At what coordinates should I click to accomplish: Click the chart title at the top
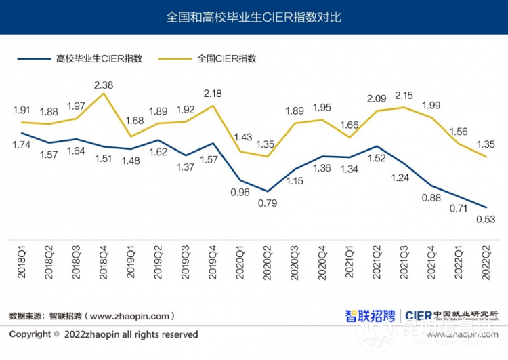(x=253, y=17)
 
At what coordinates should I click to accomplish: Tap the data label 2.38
(x=104, y=85)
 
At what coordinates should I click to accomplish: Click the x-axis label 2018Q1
(x=22, y=264)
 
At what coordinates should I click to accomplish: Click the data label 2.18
(x=213, y=93)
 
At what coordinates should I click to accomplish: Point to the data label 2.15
(x=404, y=96)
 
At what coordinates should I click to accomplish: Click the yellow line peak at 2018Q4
(x=104, y=93)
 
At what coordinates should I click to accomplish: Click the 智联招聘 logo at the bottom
(x=369, y=315)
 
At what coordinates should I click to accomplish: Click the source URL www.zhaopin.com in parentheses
(x=131, y=316)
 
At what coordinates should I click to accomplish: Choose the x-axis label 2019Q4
(x=213, y=264)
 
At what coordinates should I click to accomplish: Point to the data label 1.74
(x=22, y=145)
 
